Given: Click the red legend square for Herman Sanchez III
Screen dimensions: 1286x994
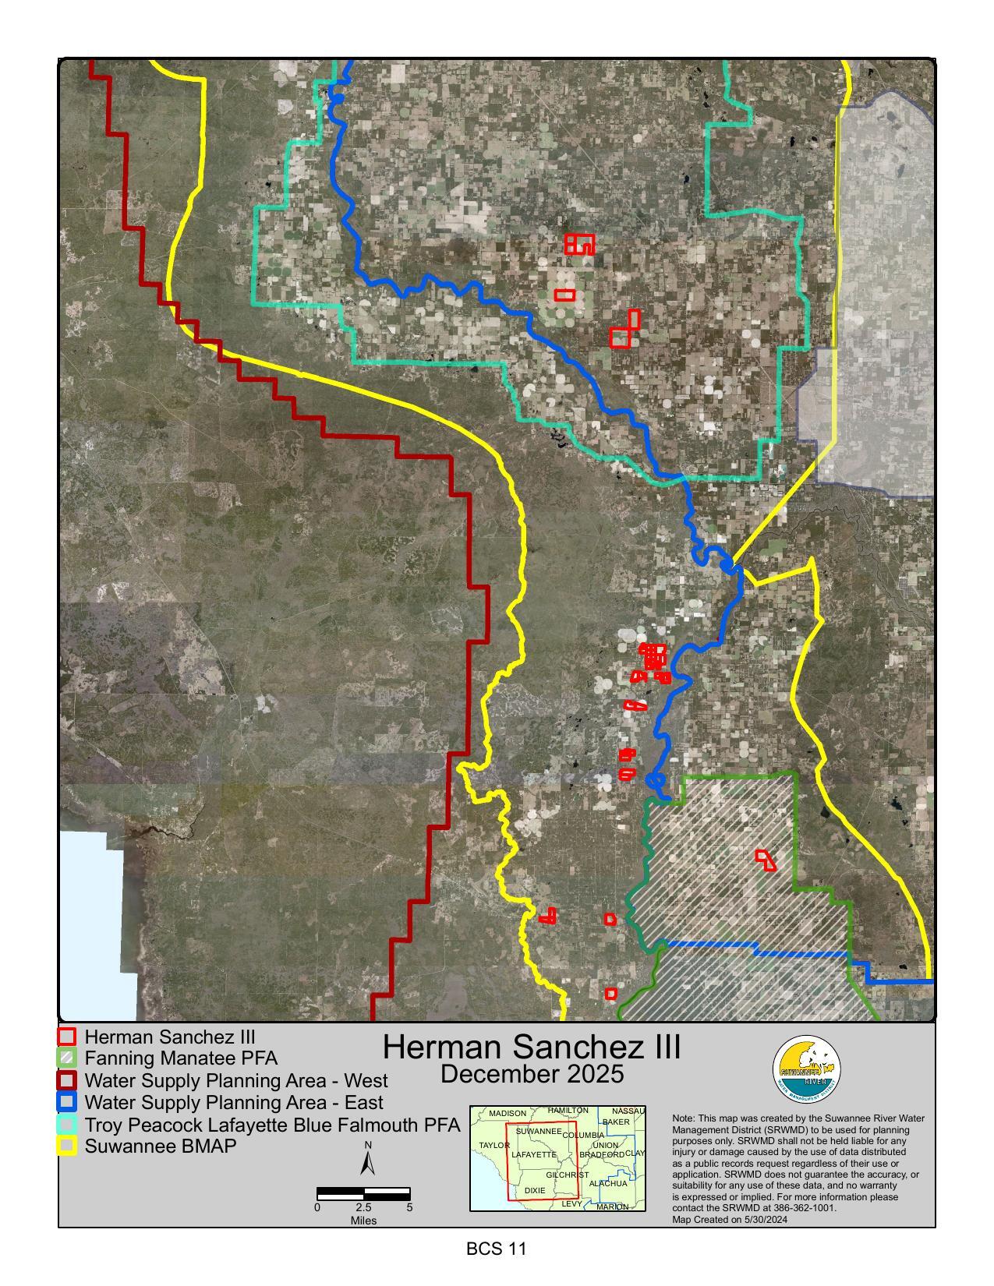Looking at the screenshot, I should click(x=68, y=1037).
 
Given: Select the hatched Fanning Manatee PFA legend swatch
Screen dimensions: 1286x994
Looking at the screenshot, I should click(x=68, y=1058).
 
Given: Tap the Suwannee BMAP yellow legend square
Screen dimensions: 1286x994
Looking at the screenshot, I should click(x=68, y=1146).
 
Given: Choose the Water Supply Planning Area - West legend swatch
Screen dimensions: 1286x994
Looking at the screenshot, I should click(x=68, y=1081).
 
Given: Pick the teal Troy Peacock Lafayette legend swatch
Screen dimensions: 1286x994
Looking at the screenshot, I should click(x=68, y=1125).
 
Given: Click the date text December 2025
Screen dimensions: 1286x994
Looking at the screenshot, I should click(x=532, y=1074).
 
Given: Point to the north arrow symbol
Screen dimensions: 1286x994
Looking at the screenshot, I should click(x=368, y=1161).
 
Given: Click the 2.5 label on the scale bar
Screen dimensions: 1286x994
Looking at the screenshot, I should click(x=363, y=1207).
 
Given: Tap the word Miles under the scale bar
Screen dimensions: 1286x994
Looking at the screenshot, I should click(x=363, y=1221).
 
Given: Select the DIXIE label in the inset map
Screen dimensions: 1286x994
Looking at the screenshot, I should click(x=535, y=1191).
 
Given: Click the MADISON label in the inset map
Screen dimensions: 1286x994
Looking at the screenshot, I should click(x=508, y=1114).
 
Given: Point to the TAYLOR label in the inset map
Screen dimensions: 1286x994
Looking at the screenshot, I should click(x=494, y=1145).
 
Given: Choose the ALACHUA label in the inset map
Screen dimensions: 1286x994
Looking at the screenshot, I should click(x=608, y=1183).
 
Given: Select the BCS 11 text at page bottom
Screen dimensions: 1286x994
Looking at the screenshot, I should click(x=497, y=1249).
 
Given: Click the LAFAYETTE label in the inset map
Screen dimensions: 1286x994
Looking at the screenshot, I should click(x=534, y=1154).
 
